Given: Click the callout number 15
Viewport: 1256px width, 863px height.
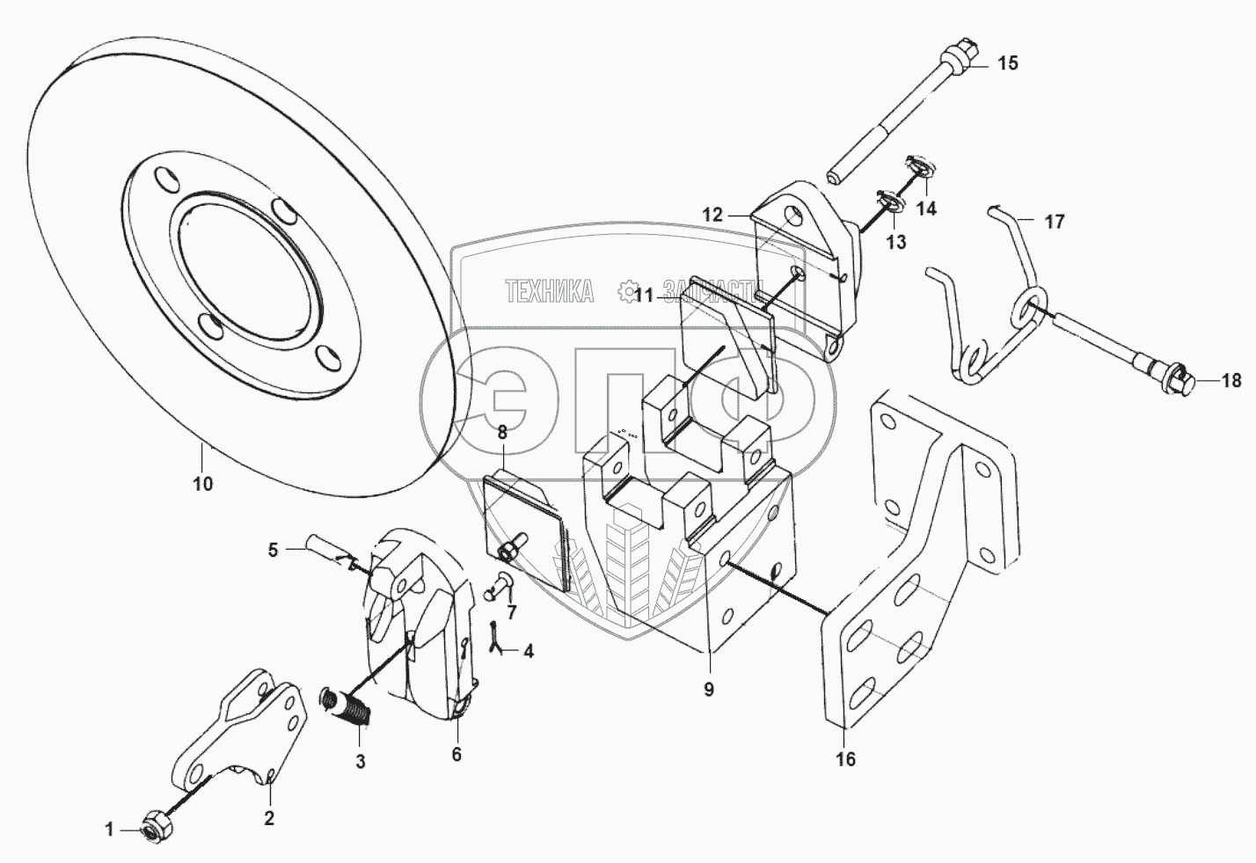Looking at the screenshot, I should pyautogui.click(x=1007, y=63).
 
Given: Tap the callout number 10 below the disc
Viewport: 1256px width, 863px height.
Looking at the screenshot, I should pyautogui.click(x=203, y=484).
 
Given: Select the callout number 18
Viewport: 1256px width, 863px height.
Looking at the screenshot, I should pyautogui.click(x=1231, y=381).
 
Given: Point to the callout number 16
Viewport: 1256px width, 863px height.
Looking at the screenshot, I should pyautogui.click(x=845, y=759).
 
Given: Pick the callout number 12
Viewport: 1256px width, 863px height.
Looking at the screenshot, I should pyautogui.click(x=712, y=214).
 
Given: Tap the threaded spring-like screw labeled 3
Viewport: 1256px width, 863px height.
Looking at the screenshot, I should pyautogui.click(x=348, y=705).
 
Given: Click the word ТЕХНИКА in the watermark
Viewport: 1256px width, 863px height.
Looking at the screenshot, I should pyautogui.click(x=549, y=291).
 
